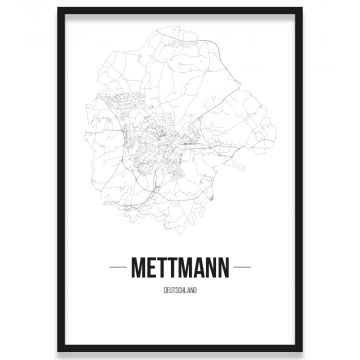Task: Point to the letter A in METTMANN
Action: point(199,268)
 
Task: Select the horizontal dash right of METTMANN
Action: point(247,268)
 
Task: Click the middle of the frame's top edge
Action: point(180,9)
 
